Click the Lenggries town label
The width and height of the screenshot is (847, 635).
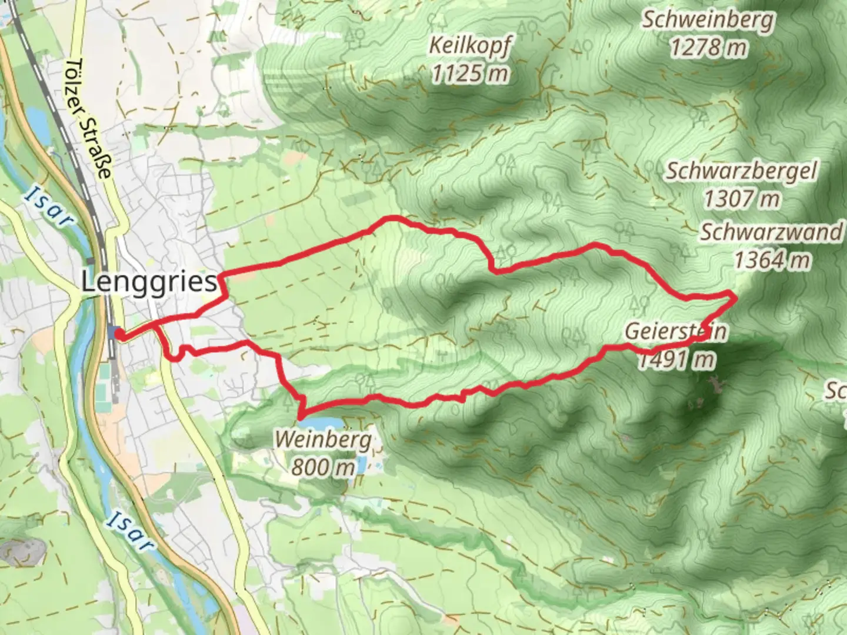tap(149, 283)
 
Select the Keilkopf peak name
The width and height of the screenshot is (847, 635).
tap(471, 45)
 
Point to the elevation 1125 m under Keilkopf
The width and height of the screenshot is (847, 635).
tap(470, 73)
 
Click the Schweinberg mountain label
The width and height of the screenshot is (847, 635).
tap(708, 20)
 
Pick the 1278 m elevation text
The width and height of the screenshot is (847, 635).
tap(708, 47)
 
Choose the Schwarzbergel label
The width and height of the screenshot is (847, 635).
tap(741, 171)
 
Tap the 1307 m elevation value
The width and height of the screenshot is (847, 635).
tap(742, 199)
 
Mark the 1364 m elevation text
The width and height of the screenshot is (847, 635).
tap(772, 259)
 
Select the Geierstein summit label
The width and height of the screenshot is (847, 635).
tap(675, 332)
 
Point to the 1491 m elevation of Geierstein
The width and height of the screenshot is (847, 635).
tap(676, 359)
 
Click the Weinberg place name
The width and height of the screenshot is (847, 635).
tap(323, 439)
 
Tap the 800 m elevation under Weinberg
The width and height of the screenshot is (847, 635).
tap(323, 467)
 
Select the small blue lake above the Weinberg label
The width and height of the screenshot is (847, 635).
tap(321, 424)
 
